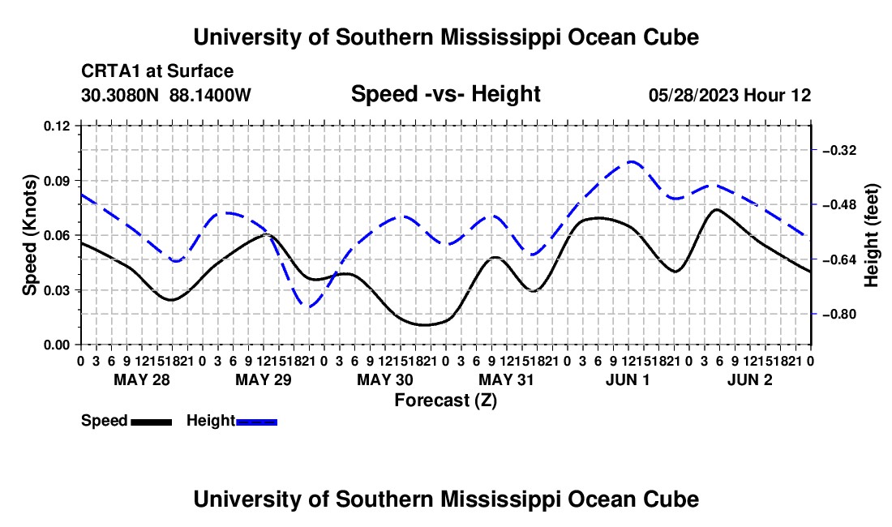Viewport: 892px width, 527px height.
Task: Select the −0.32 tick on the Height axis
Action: click(x=839, y=151)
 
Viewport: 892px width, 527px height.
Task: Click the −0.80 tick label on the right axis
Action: click(x=839, y=315)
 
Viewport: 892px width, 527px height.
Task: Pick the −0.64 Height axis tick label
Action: click(x=839, y=259)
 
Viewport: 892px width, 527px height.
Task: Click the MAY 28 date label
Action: click(x=142, y=379)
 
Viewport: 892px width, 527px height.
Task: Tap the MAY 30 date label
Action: click(x=385, y=379)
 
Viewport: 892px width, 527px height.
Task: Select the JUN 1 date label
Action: click(x=628, y=379)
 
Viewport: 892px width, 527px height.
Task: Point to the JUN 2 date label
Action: click(x=750, y=379)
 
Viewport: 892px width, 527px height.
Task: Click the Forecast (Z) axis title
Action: click(x=445, y=401)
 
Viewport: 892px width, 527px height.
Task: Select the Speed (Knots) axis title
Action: click(x=29, y=235)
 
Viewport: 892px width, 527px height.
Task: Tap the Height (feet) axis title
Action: click(x=871, y=235)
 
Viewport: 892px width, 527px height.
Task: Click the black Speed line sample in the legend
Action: click(x=152, y=422)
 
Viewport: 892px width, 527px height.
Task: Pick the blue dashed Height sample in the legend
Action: click(x=256, y=422)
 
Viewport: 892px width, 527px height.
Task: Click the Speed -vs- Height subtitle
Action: click(x=445, y=94)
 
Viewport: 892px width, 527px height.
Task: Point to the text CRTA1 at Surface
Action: click(x=157, y=71)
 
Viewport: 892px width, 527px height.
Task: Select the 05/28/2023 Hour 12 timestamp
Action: click(x=730, y=95)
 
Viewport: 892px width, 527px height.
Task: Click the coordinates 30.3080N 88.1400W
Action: click(x=166, y=95)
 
